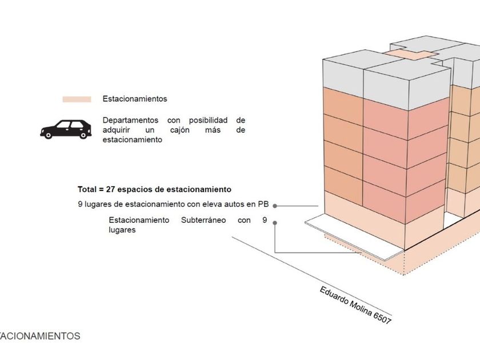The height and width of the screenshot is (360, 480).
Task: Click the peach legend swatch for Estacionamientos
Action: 77,99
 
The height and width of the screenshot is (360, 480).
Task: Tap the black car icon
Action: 66,130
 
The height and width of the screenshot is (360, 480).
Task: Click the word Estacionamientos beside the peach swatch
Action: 135,99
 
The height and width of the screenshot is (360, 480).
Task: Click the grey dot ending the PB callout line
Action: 275,205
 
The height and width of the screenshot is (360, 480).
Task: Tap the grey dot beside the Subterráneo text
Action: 275,222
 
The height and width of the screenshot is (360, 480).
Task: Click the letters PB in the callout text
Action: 265,204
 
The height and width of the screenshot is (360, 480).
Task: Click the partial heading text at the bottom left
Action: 40,336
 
